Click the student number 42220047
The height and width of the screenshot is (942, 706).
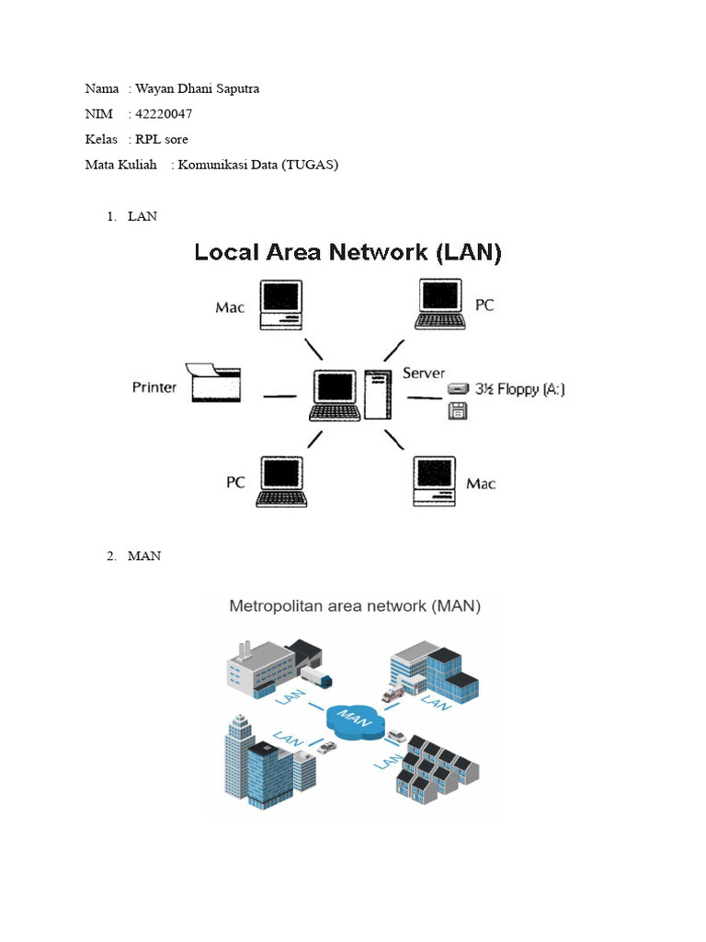click(164, 114)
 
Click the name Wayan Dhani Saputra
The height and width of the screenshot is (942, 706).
click(197, 88)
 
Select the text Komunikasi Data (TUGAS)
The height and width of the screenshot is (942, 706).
click(257, 165)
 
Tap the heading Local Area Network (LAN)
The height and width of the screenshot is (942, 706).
click(347, 252)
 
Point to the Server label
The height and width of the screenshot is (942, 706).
click(424, 373)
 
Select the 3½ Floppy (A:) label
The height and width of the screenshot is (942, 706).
click(519, 389)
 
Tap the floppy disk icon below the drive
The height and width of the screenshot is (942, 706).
click(457, 413)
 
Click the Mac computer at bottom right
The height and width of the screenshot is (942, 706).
click(435, 480)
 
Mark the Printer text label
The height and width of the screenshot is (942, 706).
click(154, 387)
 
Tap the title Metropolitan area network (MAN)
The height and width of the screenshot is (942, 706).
click(355, 606)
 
